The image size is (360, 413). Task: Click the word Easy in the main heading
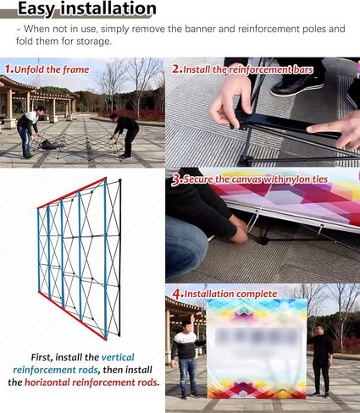pos(36,8)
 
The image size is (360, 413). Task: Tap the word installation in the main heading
pos(108,8)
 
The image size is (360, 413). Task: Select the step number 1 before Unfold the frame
pos(8,69)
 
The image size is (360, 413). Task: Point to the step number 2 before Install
pos(176,69)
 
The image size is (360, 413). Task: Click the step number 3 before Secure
pos(176,179)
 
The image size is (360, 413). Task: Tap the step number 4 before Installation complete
pos(177,294)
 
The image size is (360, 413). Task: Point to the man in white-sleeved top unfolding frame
pos(28,131)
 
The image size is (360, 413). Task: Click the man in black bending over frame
pos(125,135)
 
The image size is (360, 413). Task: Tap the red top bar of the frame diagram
pos(72,193)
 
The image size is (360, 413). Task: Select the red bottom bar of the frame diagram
pos(72,316)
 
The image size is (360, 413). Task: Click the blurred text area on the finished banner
pos(258,337)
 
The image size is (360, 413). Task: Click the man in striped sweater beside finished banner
pos(186,360)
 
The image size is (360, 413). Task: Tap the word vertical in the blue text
pos(118,357)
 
